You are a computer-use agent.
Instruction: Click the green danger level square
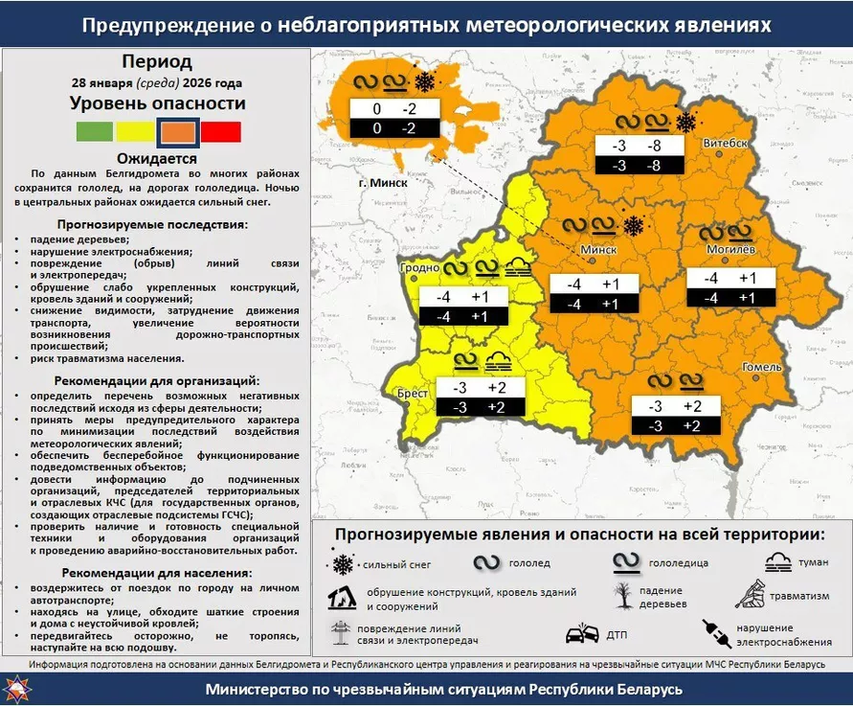(x=93, y=131)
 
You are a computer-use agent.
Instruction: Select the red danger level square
(x=221, y=131)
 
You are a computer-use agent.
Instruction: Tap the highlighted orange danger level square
(x=178, y=131)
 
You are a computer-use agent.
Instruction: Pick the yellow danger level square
(x=135, y=131)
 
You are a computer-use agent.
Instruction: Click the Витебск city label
(x=725, y=143)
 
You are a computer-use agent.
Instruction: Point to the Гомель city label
(x=764, y=367)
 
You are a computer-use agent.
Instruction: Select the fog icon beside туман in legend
(x=777, y=563)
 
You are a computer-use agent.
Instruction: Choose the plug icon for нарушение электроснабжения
(x=717, y=631)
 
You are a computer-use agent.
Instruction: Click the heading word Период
(x=157, y=62)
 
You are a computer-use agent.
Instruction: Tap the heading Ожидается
(x=157, y=159)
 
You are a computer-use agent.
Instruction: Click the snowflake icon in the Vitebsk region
(x=685, y=122)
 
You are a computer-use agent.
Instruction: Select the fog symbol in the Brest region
(x=498, y=361)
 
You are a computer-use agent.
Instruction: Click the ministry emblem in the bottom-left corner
(x=16, y=689)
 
